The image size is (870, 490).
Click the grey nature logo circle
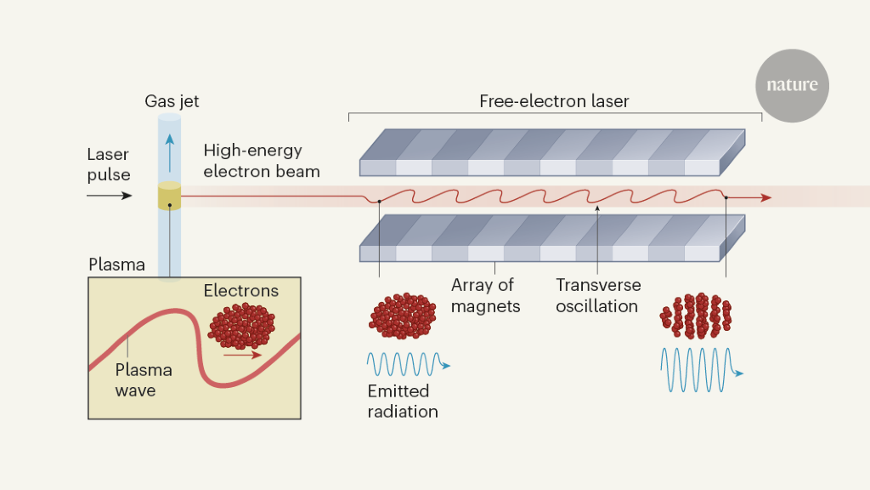(x=792, y=85)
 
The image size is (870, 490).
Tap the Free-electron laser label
(x=554, y=102)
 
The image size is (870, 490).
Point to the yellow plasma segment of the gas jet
(x=170, y=197)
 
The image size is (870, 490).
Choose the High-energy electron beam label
(x=262, y=161)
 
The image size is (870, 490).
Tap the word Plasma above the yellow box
(x=116, y=265)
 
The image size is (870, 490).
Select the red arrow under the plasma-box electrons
(x=244, y=355)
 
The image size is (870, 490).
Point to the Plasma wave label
(x=144, y=380)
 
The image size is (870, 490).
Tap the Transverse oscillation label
(x=598, y=294)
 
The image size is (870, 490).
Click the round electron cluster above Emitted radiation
(x=401, y=316)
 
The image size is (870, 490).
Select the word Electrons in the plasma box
(x=240, y=291)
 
